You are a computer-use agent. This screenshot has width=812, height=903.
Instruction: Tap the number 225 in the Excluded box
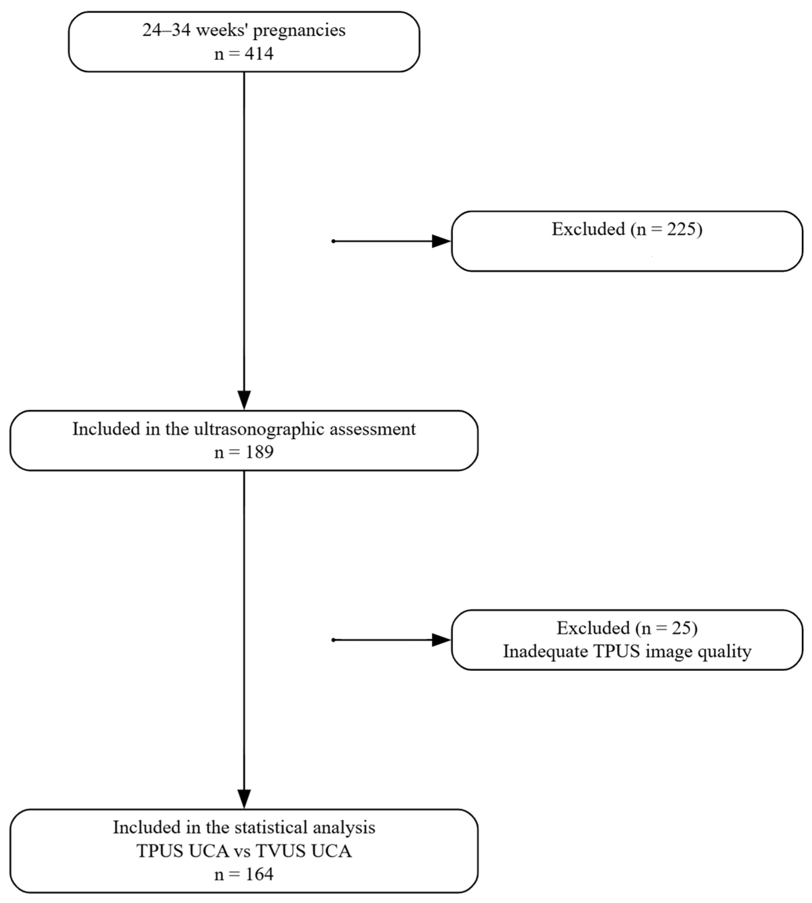click(x=681, y=229)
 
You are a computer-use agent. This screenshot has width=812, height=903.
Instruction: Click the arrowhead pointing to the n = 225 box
click(x=442, y=241)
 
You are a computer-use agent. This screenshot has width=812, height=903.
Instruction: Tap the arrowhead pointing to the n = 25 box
click(x=442, y=640)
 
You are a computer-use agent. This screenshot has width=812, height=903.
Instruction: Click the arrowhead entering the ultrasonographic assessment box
click(x=244, y=399)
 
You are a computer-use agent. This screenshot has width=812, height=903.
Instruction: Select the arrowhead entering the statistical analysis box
click(x=244, y=799)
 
